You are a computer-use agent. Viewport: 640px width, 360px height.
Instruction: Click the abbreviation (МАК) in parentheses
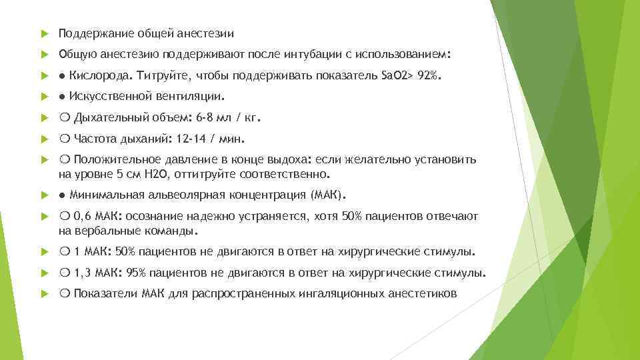point(327,195)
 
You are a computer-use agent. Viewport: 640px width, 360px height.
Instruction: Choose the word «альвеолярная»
point(172,195)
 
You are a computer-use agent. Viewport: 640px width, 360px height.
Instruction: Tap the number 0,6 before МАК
point(83,217)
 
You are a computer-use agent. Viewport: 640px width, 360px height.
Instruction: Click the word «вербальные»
point(112,231)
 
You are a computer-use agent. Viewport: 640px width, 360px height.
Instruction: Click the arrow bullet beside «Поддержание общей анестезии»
point(42,33)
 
